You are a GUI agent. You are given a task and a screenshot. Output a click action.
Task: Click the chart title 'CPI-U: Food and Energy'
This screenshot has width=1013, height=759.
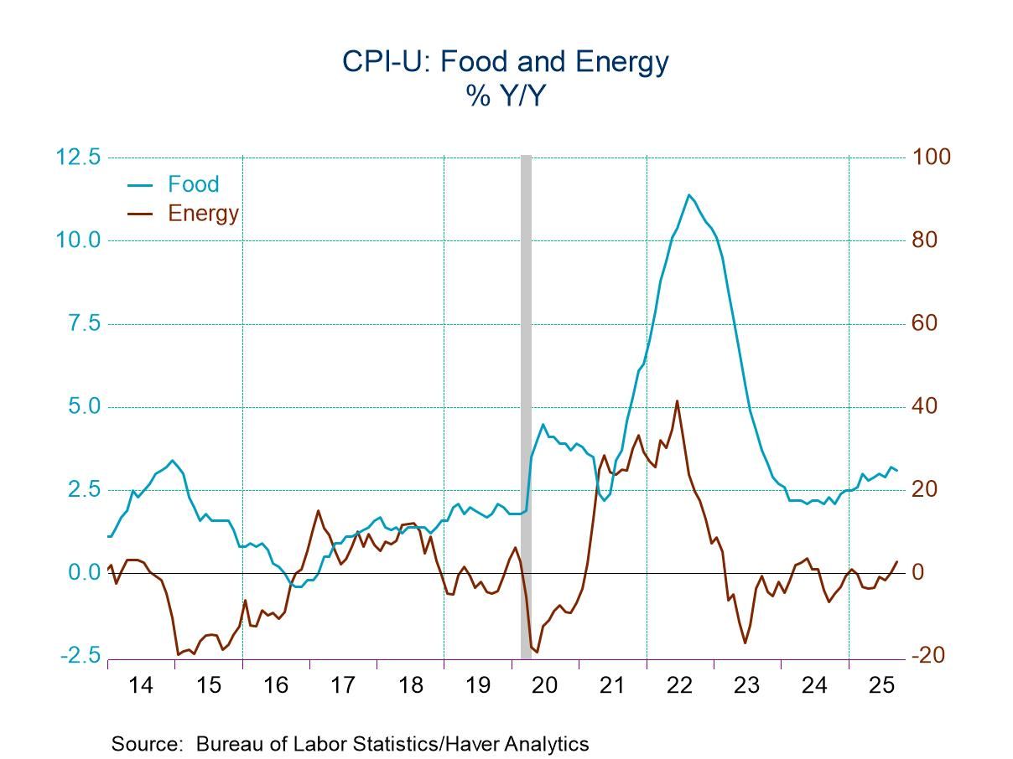point(505,63)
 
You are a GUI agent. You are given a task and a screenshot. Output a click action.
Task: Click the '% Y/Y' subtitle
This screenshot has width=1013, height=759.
point(506,97)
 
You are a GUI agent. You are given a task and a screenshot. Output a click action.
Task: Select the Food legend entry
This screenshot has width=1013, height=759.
point(193,184)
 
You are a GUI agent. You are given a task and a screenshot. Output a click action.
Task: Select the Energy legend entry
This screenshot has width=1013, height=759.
point(203,213)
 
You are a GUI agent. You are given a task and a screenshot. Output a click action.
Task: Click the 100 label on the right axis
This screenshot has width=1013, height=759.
point(932,157)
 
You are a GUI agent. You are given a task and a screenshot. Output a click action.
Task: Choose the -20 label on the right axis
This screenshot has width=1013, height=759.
point(929,656)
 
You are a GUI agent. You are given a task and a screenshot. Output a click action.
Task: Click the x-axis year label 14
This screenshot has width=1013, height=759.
point(141,686)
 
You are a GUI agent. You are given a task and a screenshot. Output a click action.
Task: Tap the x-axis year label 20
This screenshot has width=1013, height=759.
point(545,686)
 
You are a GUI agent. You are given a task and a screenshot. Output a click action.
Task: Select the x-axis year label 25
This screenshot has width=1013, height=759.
point(881,686)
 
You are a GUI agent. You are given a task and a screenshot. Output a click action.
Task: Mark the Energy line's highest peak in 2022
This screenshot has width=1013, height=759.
point(677,401)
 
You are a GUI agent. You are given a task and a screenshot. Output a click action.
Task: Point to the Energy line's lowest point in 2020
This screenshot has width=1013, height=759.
point(537,652)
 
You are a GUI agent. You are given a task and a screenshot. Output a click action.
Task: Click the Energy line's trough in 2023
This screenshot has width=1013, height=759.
point(745,643)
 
